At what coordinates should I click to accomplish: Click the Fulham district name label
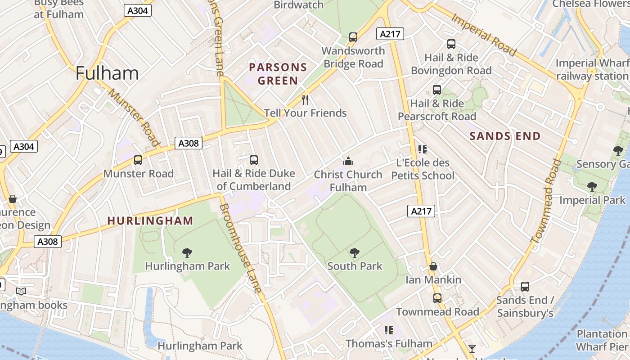coord(107,73)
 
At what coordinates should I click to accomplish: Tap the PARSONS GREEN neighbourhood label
coord(278,74)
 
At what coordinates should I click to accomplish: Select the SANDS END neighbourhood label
coord(505,136)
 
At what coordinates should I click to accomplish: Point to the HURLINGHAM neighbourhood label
coord(150,221)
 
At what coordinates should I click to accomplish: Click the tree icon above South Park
coord(355,252)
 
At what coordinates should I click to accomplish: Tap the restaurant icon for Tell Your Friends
coord(306,99)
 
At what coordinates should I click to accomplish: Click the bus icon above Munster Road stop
coord(138,160)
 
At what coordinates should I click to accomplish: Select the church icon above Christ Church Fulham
coord(348,161)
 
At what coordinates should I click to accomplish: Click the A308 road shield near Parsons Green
coord(188,143)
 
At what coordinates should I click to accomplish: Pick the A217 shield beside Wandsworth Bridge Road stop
coord(390,34)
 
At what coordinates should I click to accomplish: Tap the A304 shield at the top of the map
coord(138,10)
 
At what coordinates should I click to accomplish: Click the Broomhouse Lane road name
coord(241,248)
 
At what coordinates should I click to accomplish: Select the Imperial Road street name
coord(483,34)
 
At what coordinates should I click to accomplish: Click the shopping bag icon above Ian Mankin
coord(433,266)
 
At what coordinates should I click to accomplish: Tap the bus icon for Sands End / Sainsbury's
coord(525,287)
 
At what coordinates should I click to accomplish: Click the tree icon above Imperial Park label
coord(592,186)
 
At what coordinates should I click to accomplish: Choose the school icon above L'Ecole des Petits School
coord(422,149)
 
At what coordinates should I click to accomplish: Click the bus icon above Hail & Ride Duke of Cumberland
coord(254,160)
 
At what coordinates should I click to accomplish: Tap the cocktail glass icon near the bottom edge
coord(472,348)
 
